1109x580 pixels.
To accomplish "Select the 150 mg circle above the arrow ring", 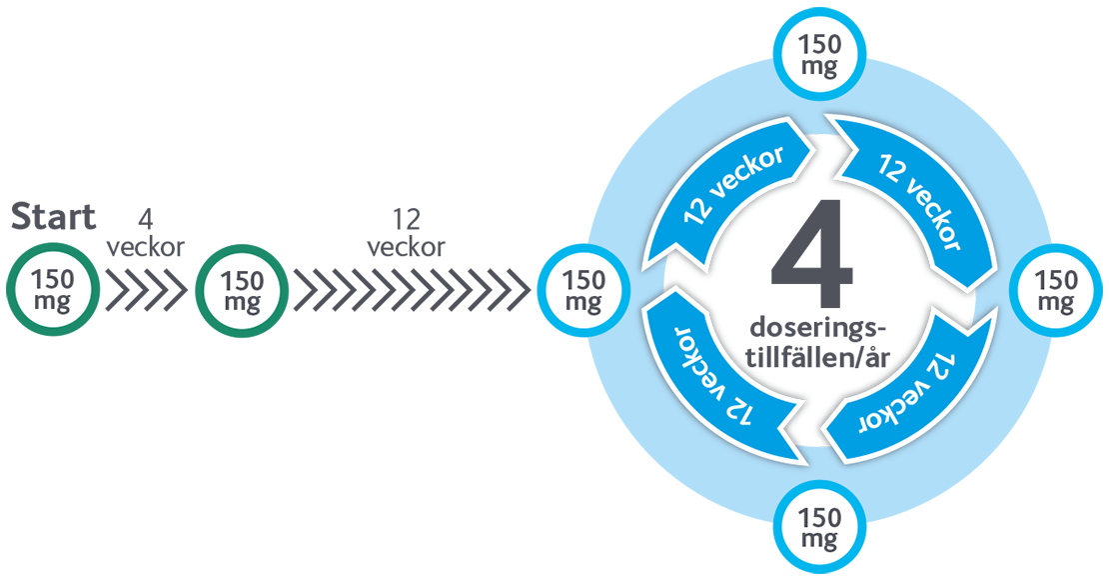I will [819, 54].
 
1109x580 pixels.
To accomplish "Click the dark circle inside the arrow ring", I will [819, 291].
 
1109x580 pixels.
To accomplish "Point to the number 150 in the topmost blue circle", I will [819, 44].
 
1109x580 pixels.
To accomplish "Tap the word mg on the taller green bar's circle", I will [241, 302].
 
